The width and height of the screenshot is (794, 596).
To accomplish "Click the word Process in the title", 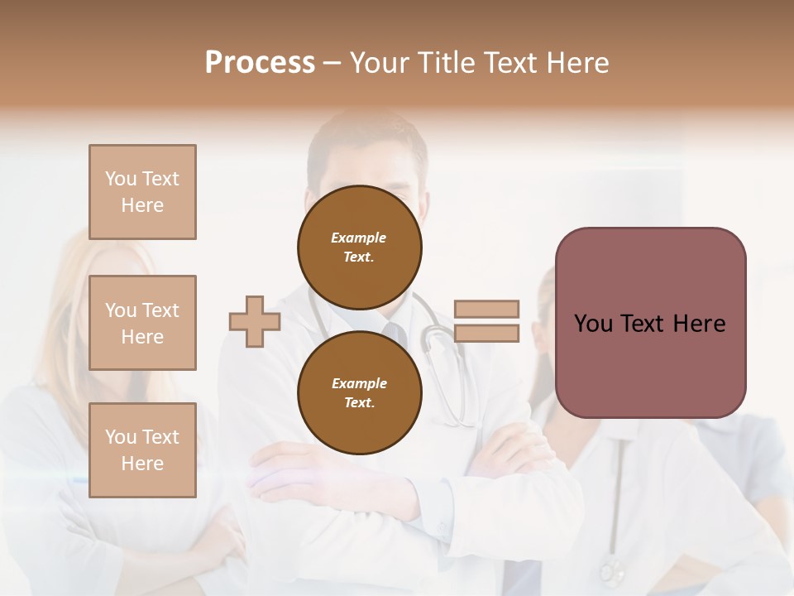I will click(x=260, y=63).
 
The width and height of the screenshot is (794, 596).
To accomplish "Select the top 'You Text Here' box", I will click(x=142, y=192).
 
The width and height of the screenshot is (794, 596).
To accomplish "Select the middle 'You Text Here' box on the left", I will click(x=142, y=323).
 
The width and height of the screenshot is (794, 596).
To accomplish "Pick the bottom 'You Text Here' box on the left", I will click(x=142, y=450).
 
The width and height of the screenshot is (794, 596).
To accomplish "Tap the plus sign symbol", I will click(x=254, y=321).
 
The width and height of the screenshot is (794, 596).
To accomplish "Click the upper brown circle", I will click(x=359, y=247).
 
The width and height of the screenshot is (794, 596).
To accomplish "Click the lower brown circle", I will click(x=359, y=392).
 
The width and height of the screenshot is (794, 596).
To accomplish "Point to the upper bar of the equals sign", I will click(x=486, y=309).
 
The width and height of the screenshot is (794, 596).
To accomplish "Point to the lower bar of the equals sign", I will click(x=486, y=333).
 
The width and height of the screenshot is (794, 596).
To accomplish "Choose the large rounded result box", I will click(x=650, y=323).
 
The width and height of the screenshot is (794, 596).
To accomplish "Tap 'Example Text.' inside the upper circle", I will click(x=359, y=247).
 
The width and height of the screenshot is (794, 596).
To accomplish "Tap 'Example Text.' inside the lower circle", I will click(x=359, y=392).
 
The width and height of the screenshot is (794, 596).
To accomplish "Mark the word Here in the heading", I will click(x=576, y=63).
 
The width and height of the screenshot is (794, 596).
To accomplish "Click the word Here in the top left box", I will click(x=142, y=205).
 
